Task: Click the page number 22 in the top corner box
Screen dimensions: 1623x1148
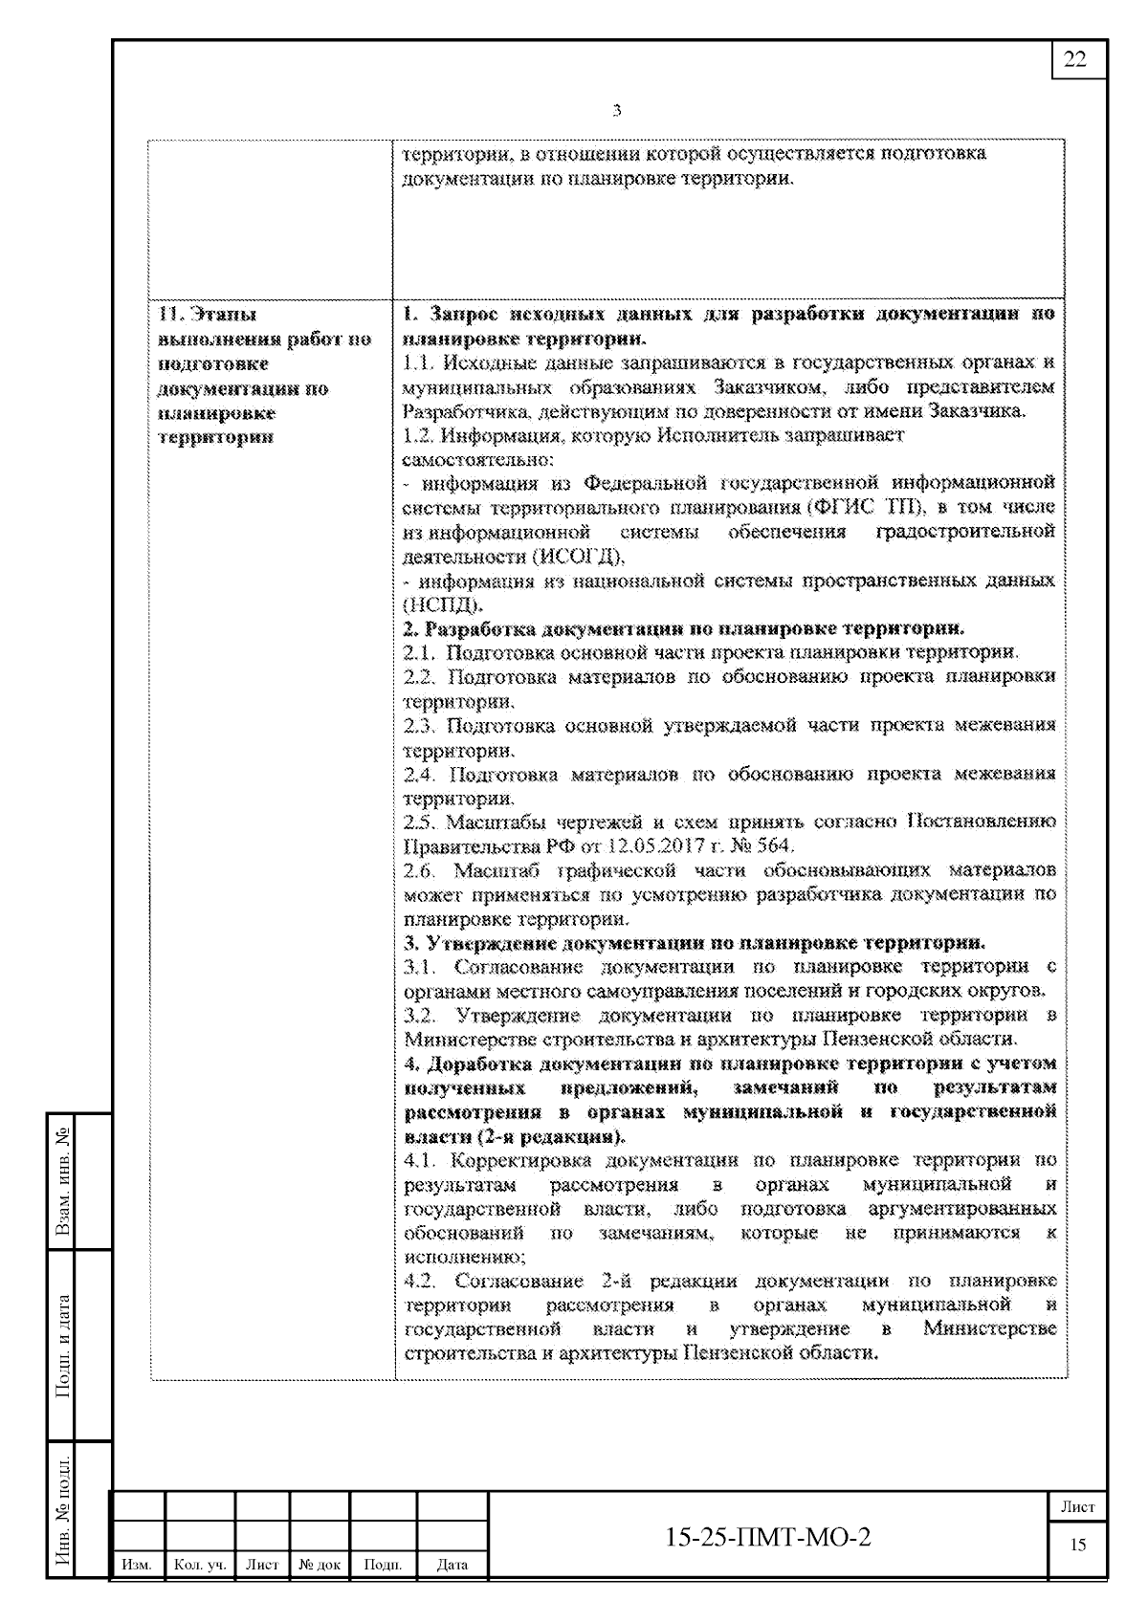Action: coord(1075,59)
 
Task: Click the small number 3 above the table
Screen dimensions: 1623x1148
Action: coord(616,111)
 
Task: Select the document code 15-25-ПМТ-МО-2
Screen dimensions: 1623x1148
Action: coord(768,1537)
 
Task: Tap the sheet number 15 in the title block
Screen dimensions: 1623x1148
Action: coord(1078,1545)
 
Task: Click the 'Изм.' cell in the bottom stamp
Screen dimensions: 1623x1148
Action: coord(138,1565)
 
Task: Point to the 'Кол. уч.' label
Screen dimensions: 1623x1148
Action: coord(200,1565)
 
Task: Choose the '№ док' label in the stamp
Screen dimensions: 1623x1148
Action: coord(320,1565)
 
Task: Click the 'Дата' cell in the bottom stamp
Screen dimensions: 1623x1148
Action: coord(452,1565)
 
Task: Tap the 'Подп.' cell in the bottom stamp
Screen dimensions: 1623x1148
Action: coord(383,1565)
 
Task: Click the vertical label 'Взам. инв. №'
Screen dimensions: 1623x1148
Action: coord(63,1181)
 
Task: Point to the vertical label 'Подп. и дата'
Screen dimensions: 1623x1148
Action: coord(63,1346)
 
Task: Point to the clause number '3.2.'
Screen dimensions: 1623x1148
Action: coord(420,1015)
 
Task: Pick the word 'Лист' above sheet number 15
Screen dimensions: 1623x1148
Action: coord(1078,1506)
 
